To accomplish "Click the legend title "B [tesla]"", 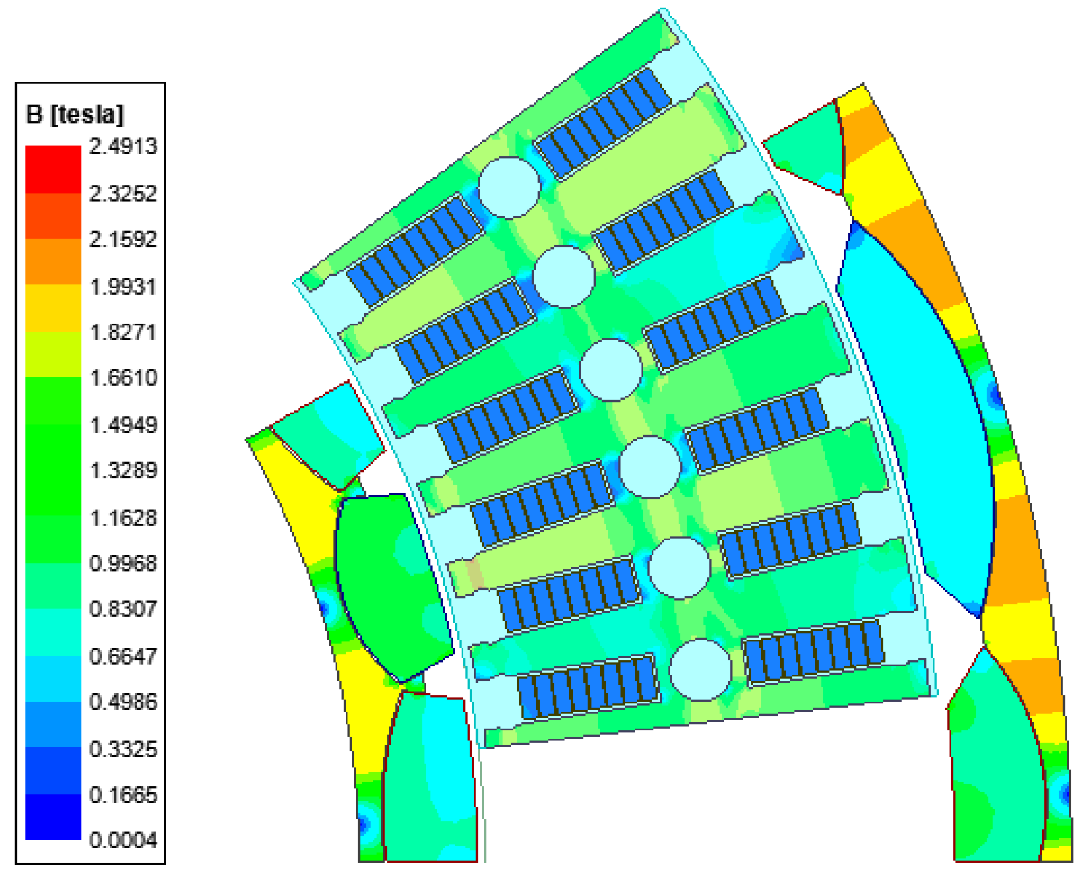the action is pos(75,114).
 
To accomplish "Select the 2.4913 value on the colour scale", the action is pos(123,146).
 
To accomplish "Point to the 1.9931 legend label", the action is pos(123,287).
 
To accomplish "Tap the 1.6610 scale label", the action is pos(123,377).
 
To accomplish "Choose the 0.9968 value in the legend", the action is pos(123,563).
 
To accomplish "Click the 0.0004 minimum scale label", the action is pos(123,840).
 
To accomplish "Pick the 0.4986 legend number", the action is pos(123,702).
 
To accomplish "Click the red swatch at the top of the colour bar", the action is pos(53,169).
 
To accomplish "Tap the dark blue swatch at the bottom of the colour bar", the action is pos(53,816).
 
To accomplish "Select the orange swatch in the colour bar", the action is pos(53,261).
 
